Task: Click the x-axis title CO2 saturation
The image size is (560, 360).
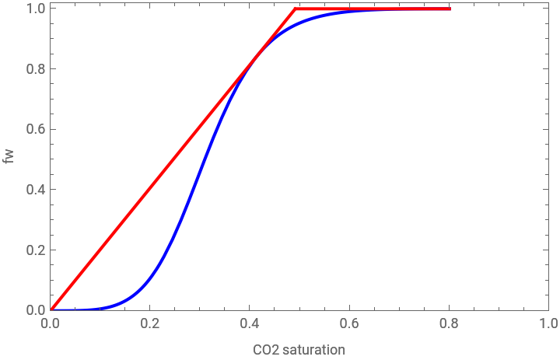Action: (x=299, y=350)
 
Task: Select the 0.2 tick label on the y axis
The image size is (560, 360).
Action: (x=36, y=250)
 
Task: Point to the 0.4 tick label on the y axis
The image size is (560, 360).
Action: (x=36, y=190)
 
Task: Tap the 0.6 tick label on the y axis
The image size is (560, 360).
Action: (x=36, y=129)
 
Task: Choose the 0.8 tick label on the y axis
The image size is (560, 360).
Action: (x=36, y=68)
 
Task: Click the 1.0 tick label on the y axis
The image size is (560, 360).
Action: (x=36, y=9)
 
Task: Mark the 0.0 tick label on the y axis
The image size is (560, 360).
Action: (x=36, y=310)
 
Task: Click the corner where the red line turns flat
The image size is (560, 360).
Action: (x=295, y=9)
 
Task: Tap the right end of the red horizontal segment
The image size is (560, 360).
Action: (x=450, y=9)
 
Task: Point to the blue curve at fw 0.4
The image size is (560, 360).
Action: (x=194, y=190)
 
